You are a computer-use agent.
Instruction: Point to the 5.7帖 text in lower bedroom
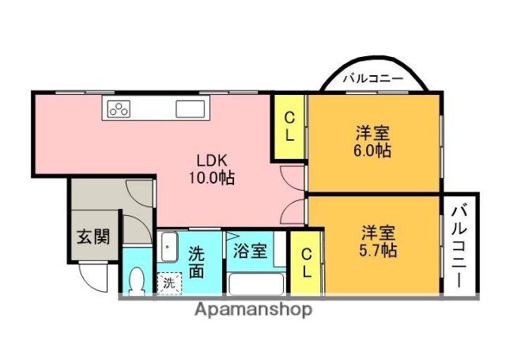[378, 250]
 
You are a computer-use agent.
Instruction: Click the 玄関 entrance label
[93, 236]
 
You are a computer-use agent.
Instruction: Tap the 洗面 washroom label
[197, 262]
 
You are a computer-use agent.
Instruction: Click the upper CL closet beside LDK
[289, 127]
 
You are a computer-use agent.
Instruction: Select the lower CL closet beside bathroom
[306, 261]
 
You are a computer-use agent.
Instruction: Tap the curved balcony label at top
[373, 79]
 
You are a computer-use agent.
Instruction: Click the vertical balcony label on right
[461, 244]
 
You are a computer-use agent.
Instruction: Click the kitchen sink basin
[191, 109]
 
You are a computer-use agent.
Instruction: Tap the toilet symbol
[137, 280]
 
